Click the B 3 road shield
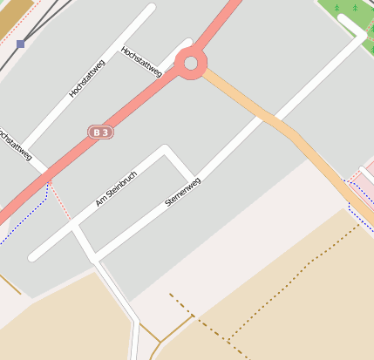(100, 132)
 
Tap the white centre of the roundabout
(190, 63)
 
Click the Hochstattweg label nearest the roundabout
(143, 62)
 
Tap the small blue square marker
(20, 44)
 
